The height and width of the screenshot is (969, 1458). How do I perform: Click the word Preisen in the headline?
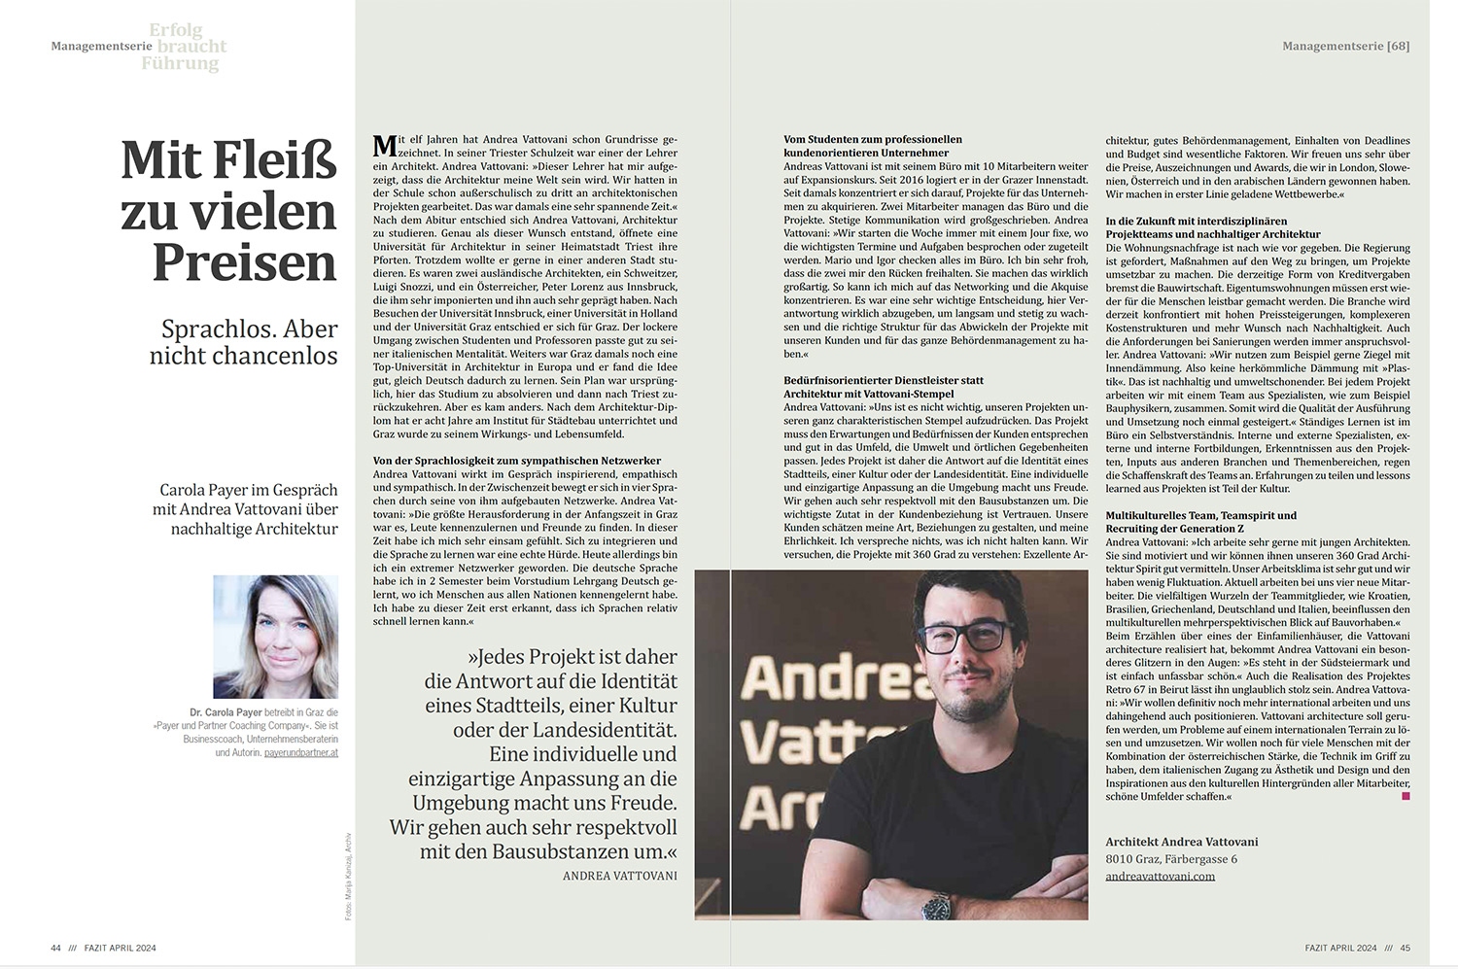tap(244, 262)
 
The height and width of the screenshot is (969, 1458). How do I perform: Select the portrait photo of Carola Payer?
tap(276, 637)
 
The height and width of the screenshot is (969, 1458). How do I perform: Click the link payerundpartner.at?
tap(301, 752)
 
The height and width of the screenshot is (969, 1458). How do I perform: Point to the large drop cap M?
tap(385, 146)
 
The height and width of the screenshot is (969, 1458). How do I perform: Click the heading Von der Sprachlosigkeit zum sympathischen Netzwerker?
tap(517, 461)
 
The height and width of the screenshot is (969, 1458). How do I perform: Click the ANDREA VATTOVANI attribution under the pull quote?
tap(619, 876)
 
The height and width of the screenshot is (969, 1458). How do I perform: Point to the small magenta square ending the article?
tap(1406, 796)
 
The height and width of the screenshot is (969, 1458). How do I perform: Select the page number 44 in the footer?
tap(55, 948)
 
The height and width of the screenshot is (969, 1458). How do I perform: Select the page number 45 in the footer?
tap(1405, 948)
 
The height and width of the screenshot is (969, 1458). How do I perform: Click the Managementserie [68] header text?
tap(1345, 46)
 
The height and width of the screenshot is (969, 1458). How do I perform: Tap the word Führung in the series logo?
tap(180, 64)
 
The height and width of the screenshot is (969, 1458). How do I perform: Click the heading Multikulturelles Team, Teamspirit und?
tap(1200, 515)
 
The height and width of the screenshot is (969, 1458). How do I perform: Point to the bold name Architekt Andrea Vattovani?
tap(1182, 842)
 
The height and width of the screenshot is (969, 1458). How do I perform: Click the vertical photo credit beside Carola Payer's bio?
tap(348, 876)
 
